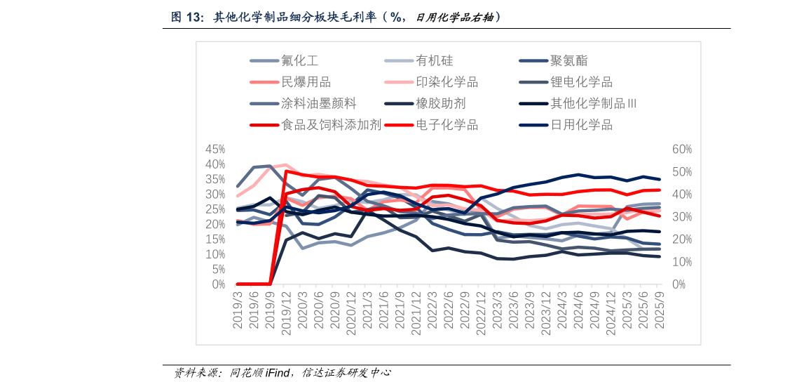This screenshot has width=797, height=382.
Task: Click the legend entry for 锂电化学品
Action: coord(581,82)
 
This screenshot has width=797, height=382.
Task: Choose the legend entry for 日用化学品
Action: coord(581,125)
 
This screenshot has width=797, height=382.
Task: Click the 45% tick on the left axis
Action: coord(214,150)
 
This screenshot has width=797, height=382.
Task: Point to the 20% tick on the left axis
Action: coord(214,225)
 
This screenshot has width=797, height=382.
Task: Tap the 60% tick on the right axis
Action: coord(682,150)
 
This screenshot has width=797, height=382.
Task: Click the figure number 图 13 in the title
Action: coord(186,17)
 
